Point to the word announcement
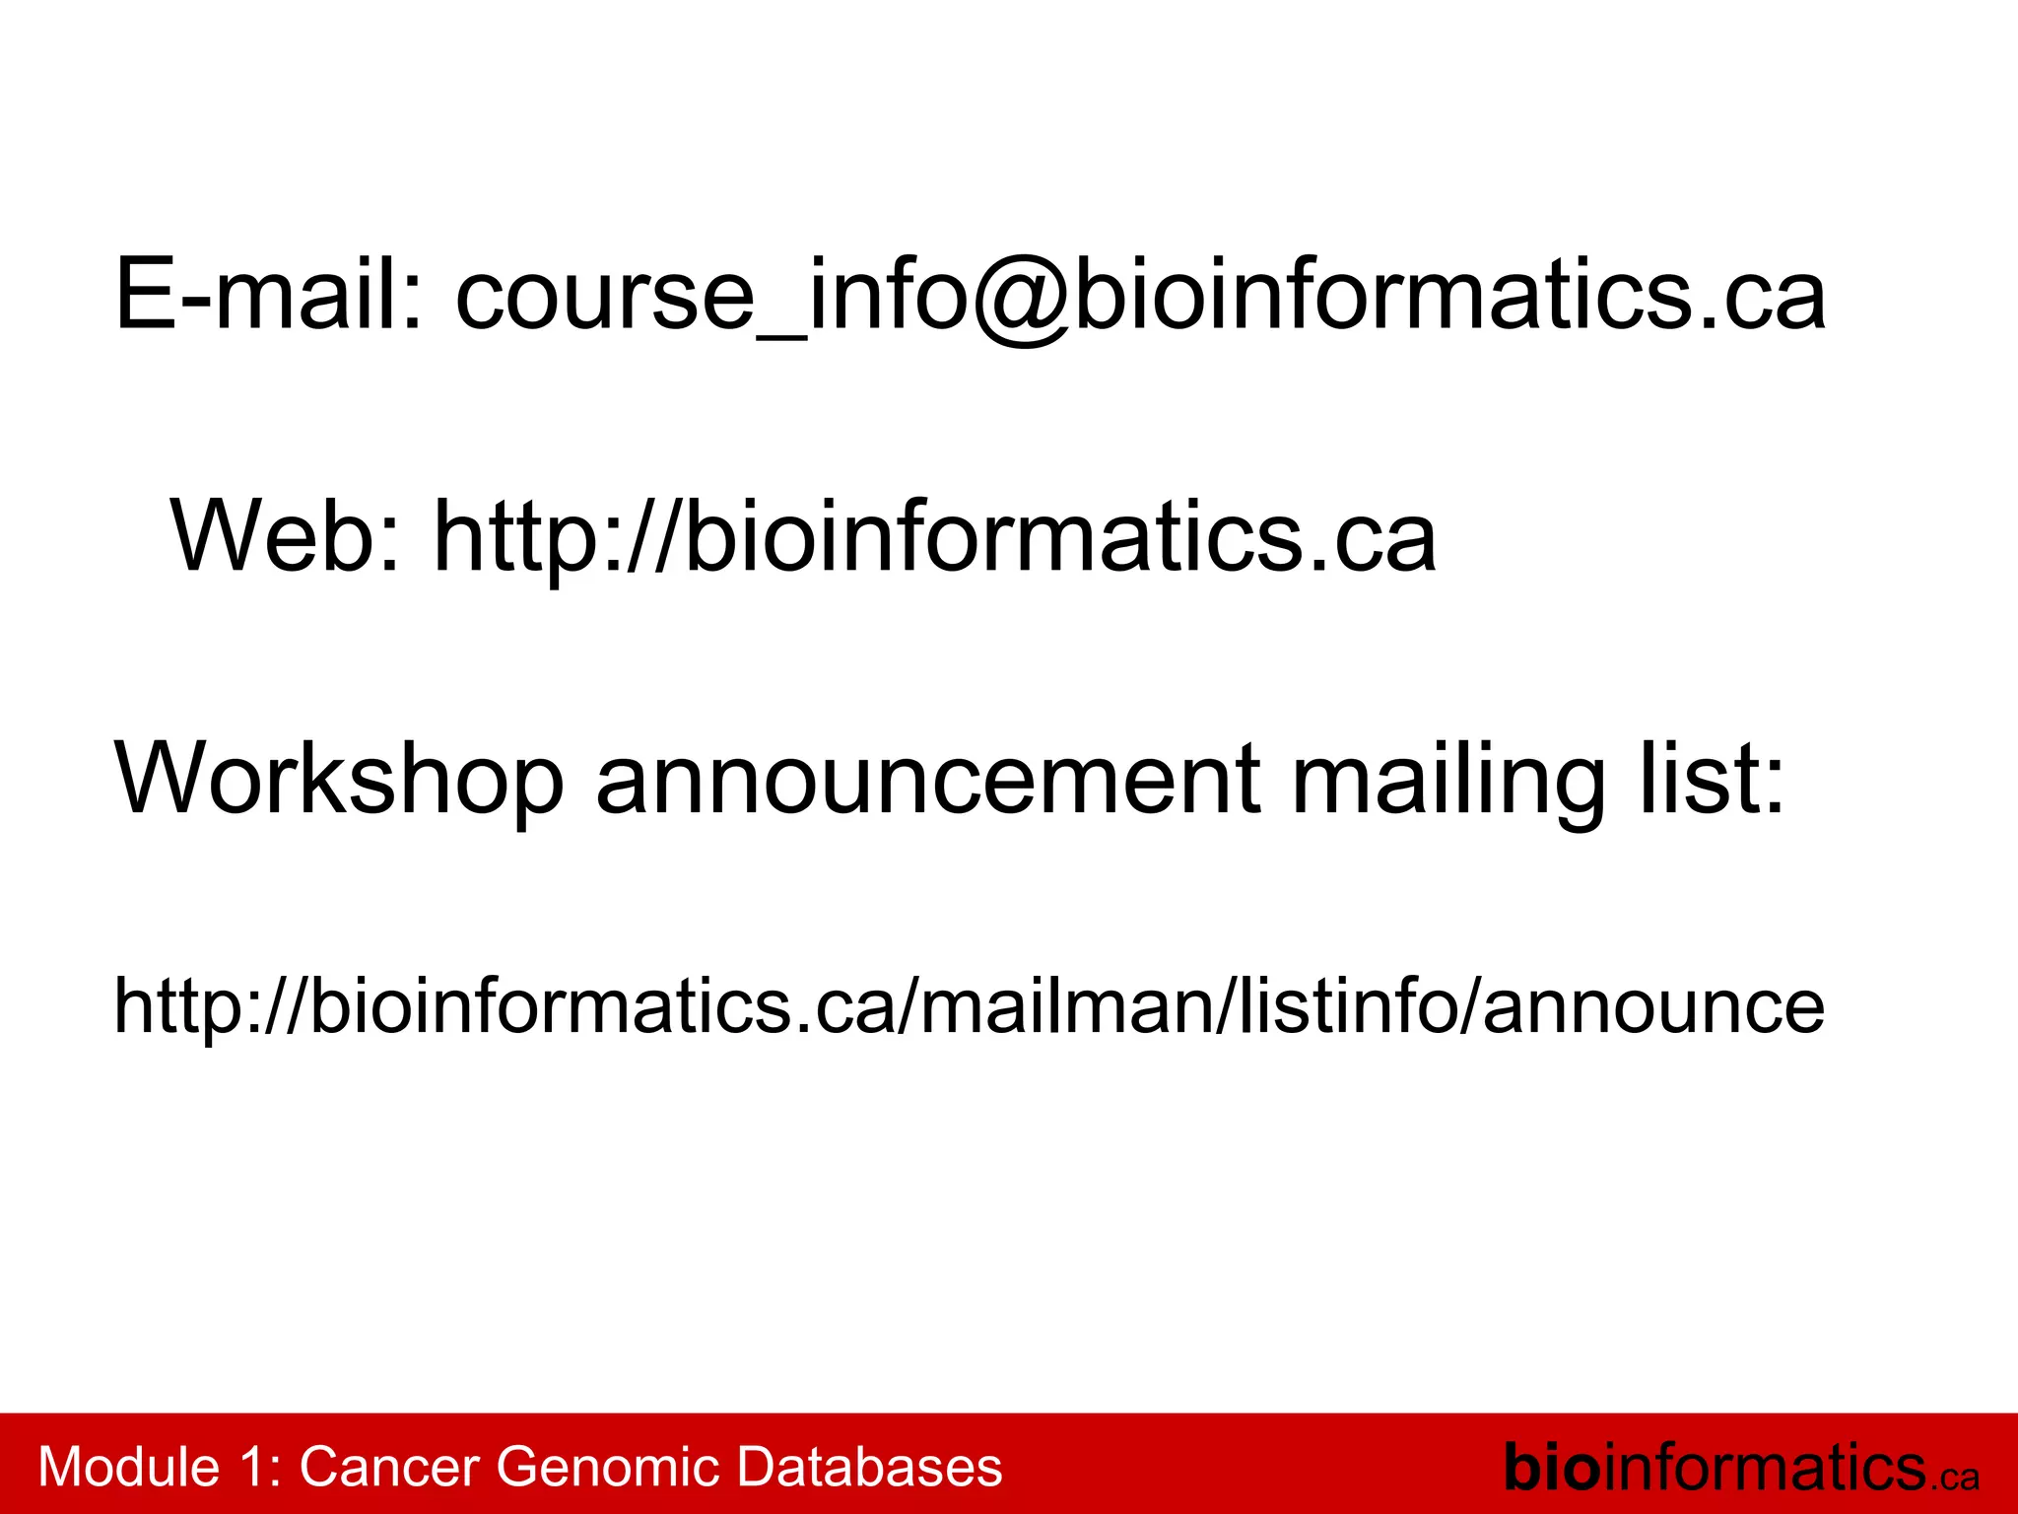click(927, 779)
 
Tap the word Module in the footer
click(128, 1467)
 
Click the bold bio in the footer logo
click(1552, 1467)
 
